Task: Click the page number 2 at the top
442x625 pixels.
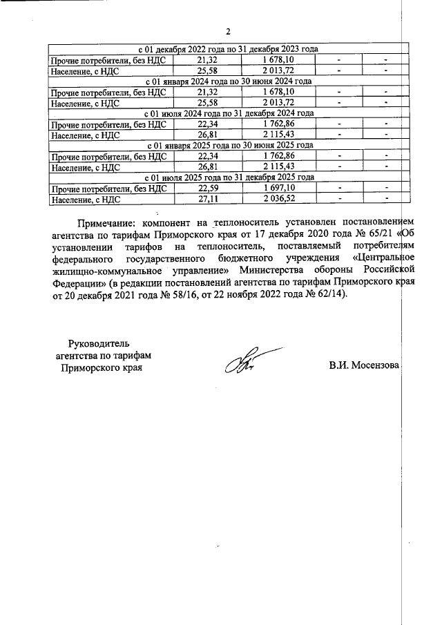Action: tap(228, 32)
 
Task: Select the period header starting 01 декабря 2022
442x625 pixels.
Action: tap(228, 50)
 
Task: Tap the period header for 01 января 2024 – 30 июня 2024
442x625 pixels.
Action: tap(228, 81)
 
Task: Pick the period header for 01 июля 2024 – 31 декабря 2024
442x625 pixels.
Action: tap(228, 113)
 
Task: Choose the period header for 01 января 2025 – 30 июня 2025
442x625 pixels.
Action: tap(228, 145)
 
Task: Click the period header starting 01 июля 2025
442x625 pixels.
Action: tap(228, 177)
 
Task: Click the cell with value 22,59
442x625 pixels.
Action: tap(208, 188)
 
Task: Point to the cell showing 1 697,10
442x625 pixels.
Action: tap(278, 188)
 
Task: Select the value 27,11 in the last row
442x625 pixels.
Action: tap(208, 198)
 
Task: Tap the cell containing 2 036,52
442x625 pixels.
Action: tap(278, 198)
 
